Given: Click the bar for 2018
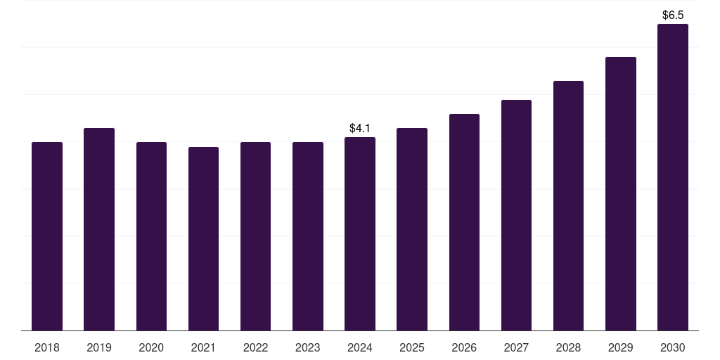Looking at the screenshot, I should coord(47,236).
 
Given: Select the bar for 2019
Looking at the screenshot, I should coord(99,229).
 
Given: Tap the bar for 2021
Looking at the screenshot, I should coord(203,239).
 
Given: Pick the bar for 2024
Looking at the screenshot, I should coord(360,234).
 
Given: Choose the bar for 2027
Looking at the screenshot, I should coord(516,215).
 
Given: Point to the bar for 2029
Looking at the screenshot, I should coord(621,194).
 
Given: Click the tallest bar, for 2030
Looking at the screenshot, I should coord(673,177).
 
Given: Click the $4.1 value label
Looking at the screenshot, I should coord(360,129).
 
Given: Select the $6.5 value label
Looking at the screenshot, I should coord(673,15).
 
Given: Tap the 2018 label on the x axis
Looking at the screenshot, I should coord(47,347).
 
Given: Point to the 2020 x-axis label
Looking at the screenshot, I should coord(151,347).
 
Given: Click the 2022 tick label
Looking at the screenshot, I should coord(255,347).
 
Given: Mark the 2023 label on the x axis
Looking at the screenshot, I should coord(308,347).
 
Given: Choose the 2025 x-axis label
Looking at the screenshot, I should coord(412,347).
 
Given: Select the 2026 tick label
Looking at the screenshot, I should coord(464,347).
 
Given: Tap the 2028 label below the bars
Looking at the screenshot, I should coord(568,347).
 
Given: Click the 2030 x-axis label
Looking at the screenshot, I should coord(673,347).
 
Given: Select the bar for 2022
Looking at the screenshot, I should coord(255,236).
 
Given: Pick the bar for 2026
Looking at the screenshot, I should coord(464,222).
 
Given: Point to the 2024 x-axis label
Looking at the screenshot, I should coord(360,347).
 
